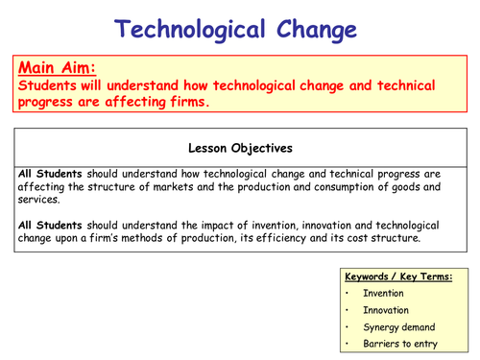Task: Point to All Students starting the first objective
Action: point(48,174)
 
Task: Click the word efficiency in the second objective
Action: point(321,237)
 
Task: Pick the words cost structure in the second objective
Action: point(404,237)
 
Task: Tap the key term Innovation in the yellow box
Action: point(386,311)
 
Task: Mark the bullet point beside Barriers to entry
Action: point(344,343)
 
